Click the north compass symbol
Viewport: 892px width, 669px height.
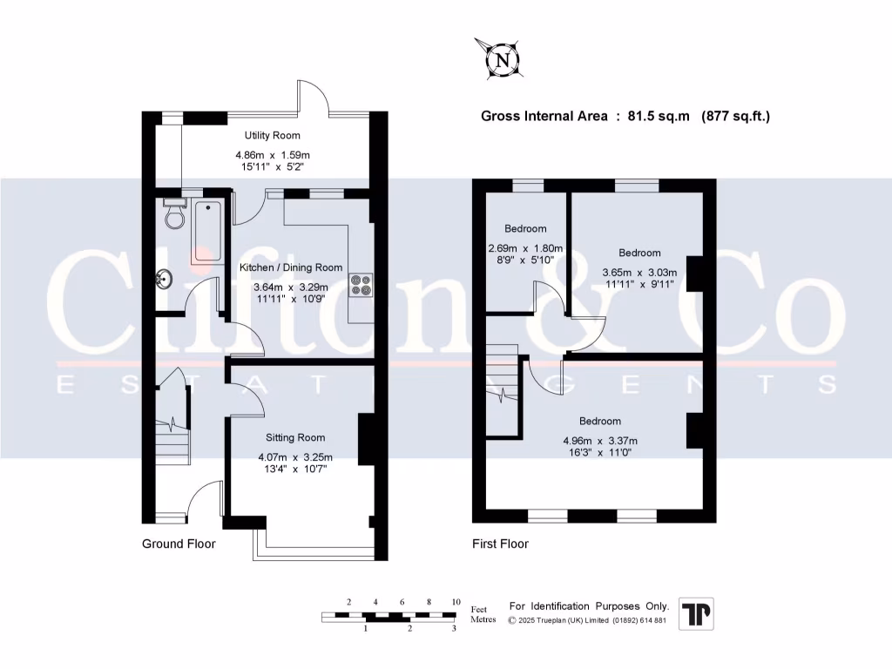500,60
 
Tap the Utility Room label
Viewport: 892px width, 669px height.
272,135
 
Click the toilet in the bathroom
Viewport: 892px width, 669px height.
175,214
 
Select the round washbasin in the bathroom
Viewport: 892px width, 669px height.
164,280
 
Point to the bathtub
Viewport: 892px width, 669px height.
206,232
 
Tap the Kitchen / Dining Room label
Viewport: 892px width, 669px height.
291,267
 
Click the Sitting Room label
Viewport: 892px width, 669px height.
296,437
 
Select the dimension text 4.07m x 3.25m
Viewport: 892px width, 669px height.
295,457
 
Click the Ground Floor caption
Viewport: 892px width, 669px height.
179,544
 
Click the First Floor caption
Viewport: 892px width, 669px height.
500,544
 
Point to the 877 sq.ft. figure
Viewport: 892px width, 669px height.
736,116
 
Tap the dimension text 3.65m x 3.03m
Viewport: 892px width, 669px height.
639,272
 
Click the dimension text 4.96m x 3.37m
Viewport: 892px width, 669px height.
600,440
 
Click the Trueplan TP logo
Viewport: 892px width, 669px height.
696,614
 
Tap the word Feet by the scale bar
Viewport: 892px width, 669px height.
480,609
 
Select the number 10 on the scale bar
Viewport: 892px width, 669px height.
455,602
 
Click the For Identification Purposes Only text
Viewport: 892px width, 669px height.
589,605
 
